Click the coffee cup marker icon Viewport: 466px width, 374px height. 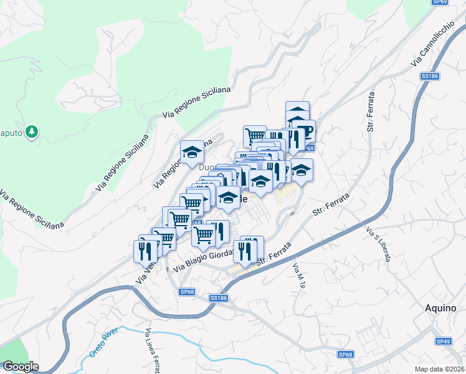point(304,132)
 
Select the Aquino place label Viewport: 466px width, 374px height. point(441,307)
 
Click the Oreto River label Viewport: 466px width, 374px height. point(103,345)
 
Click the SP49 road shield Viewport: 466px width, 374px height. point(443,342)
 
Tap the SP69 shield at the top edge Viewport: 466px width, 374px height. point(440,2)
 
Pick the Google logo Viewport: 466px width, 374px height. point(20,367)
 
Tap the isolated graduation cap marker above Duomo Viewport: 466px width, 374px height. point(193,152)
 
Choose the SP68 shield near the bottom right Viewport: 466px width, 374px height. point(346,355)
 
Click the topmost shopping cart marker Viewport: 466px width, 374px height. point(254,135)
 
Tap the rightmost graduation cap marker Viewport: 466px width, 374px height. point(301,170)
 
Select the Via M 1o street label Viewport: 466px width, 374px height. point(300,274)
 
